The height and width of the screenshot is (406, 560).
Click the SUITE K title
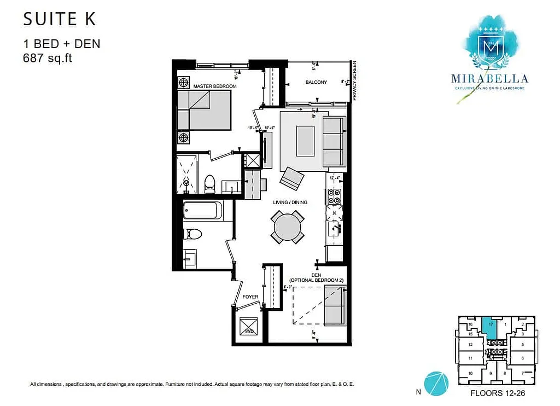tap(59, 19)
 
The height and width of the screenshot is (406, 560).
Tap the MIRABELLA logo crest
tap(489, 48)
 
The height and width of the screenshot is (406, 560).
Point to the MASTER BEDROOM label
tap(215, 86)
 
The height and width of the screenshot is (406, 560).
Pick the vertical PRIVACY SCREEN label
tap(354, 80)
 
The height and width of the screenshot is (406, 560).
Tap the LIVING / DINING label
tap(290, 202)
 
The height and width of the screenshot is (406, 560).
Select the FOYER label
tap(250, 297)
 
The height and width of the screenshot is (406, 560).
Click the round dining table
tap(288, 228)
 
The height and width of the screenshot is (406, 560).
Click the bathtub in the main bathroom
tap(202, 211)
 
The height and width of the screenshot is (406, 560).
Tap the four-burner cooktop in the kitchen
tap(334, 196)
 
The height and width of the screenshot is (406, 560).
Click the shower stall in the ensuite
tap(187, 174)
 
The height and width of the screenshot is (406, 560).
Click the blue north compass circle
tap(436, 382)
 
